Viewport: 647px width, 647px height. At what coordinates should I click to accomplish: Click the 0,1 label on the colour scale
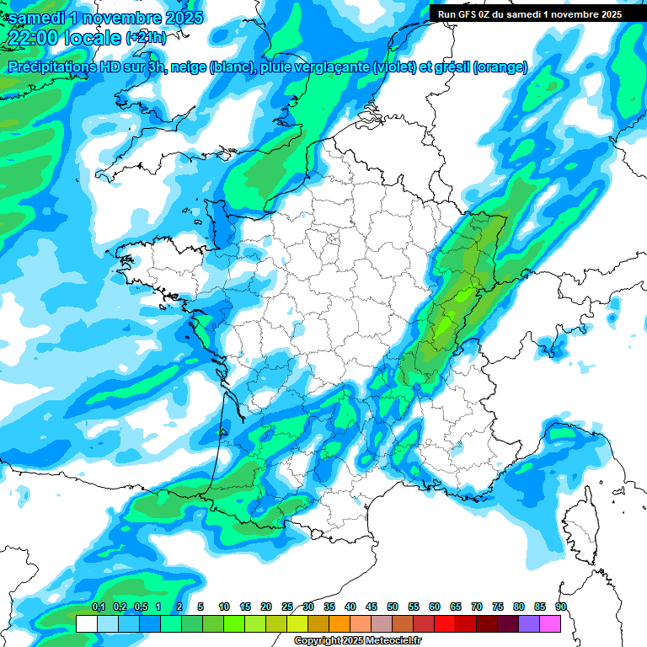pyautogui.click(x=99, y=607)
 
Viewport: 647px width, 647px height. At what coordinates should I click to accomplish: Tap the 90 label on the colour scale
pyautogui.click(x=561, y=607)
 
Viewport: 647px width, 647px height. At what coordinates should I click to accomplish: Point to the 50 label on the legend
pyautogui.click(x=393, y=607)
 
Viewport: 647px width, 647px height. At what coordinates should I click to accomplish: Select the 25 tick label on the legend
pyautogui.click(x=287, y=607)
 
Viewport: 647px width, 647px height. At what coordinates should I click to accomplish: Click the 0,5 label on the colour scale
pyautogui.click(x=141, y=607)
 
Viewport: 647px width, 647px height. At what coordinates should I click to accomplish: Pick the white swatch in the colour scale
pyautogui.click(x=87, y=623)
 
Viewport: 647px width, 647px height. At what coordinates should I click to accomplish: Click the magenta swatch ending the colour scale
pyautogui.click(x=550, y=623)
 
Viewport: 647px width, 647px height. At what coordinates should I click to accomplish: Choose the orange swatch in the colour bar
pyautogui.click(x=340, y=623)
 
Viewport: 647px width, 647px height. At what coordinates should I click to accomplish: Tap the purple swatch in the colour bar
pyautogui.click(x=529, y=623)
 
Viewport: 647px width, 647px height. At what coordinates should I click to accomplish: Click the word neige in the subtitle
pyautogui.click(x=184, y=67)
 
